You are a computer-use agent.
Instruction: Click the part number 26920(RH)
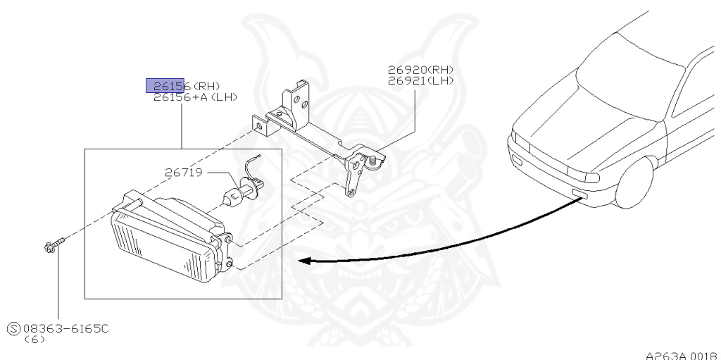coord(420,70)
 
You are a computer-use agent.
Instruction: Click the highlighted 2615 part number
coord(165,86)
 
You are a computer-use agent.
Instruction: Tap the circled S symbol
coord(13,328)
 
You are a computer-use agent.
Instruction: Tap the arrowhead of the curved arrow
coord(304,261)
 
